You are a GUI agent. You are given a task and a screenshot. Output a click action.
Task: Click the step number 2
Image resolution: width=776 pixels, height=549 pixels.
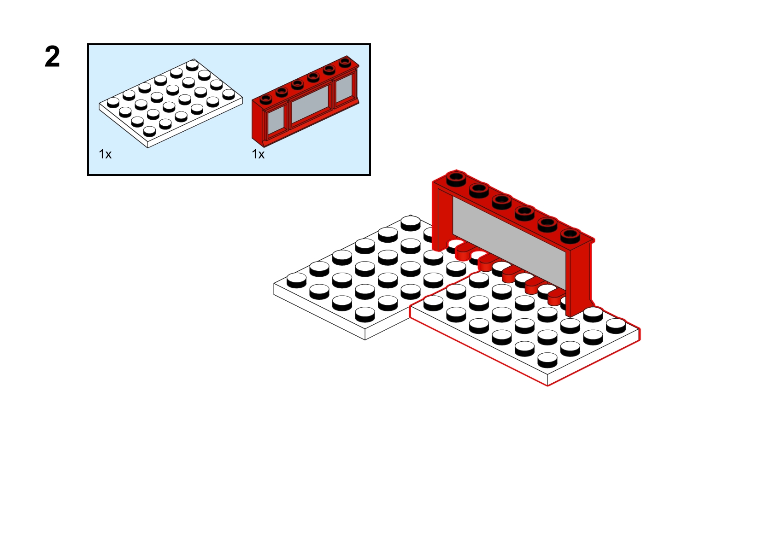tap(52, 57)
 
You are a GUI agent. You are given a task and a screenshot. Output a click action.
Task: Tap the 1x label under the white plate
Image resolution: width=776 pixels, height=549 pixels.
tap(105, 154)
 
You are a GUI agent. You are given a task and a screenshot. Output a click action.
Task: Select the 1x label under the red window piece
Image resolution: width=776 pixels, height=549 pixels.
tap(258, 154)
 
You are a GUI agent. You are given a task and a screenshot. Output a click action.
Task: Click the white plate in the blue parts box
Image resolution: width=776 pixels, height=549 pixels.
tap(171, 103)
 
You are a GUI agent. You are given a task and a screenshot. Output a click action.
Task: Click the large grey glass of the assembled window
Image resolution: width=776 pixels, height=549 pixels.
tap(509, 239)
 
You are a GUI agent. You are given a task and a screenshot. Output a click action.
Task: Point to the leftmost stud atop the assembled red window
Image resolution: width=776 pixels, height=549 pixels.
tap(456, 178)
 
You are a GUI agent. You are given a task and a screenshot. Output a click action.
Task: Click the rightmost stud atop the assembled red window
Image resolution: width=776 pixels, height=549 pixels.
tap(570, 235)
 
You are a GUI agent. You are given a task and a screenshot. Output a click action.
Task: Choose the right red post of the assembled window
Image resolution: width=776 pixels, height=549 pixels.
tap(579, 279)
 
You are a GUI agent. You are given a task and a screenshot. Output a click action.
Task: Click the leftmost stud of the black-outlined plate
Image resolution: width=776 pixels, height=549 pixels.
tap(297, 280)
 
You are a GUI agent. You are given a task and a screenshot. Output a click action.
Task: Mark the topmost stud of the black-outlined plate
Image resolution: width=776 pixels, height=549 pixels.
tap(411, 223)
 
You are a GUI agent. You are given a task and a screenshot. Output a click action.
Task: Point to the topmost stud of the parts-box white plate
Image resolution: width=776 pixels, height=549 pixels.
tap(192, 65)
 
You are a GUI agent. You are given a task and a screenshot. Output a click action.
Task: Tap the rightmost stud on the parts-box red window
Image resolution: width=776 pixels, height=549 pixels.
tap(345, 62)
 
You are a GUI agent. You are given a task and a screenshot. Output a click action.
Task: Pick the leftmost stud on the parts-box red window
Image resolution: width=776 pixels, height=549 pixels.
tap(265, 99)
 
